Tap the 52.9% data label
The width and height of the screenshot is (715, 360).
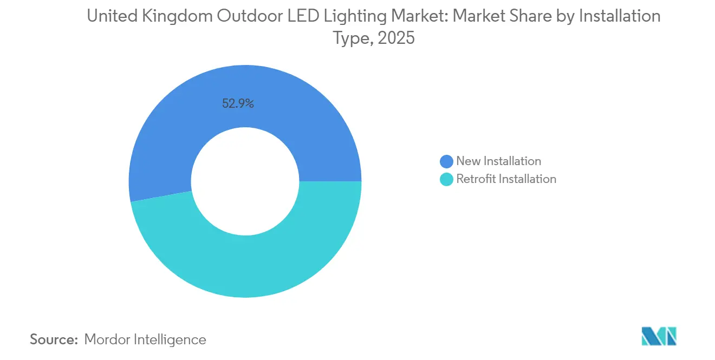coord(238,103)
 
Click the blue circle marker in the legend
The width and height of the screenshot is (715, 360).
coord(447,161)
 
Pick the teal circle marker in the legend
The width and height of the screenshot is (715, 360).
coord(447,179)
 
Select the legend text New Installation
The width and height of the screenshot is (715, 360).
coord(498,161)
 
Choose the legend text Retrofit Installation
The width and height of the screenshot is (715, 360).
coord(506,179)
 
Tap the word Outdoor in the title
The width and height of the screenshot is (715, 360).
coord(249,16)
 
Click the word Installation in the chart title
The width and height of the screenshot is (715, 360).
coord(620,16)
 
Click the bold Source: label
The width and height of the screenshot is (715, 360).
coord(54,339)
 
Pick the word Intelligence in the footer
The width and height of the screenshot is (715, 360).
coord(171,339)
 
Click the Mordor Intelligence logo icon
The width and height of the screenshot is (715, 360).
coord(659,337)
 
